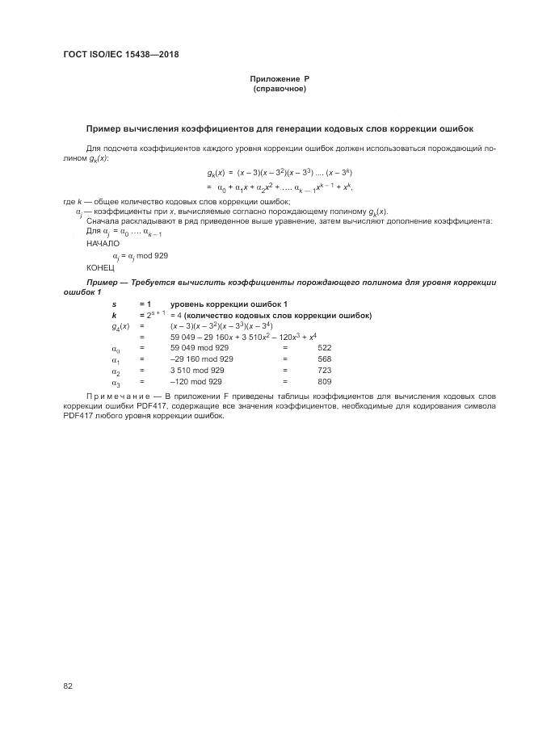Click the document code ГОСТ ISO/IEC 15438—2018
(120, 55)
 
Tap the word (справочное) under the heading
(280, 88)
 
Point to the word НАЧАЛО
(103, 242)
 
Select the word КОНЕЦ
(100, 266)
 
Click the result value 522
(325, 347)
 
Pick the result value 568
(325, 359)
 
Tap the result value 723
(325, 370)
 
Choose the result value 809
(325, 381)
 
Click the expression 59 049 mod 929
(199, 347)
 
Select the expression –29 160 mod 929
(202, 359)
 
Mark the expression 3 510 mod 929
(197, 370)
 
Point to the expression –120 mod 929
(196, 381)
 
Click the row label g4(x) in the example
(120, 325)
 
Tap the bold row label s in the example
(114, 303)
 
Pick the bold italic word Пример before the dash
(103, 282)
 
